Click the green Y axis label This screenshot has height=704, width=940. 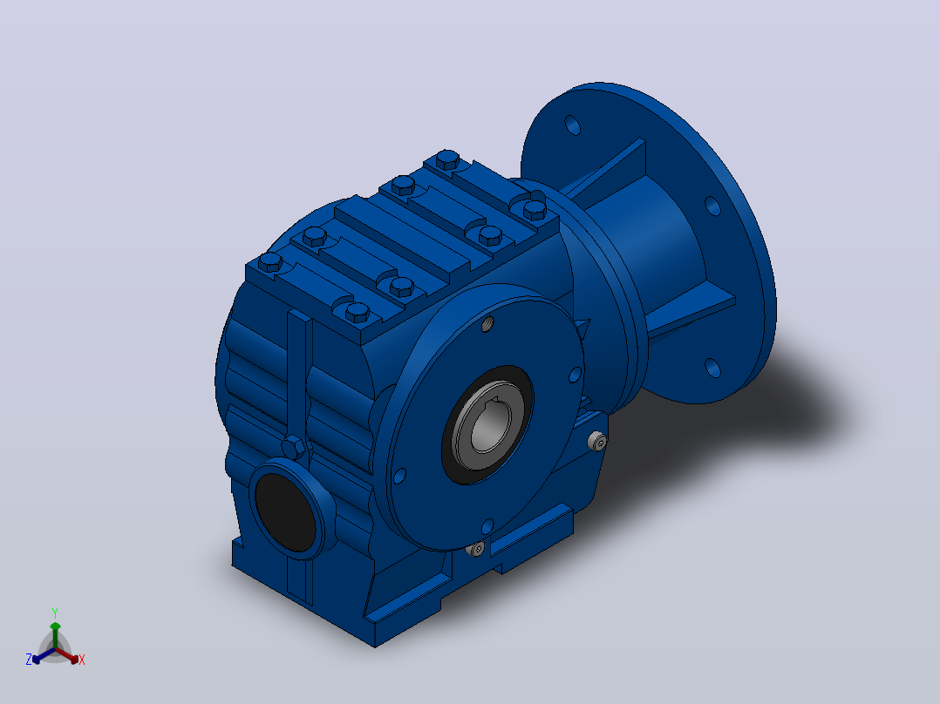(55, 613)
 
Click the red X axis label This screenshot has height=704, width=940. (82, 660)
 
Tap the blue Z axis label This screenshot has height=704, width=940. (28, 660)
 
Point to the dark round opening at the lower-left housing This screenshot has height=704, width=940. (285, 511)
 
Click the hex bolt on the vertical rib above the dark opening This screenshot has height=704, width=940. (293, 447)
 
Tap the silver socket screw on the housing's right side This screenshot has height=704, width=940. (597, 442)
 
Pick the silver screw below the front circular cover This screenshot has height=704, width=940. (477, 548)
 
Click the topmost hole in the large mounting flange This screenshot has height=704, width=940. (573, 125)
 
